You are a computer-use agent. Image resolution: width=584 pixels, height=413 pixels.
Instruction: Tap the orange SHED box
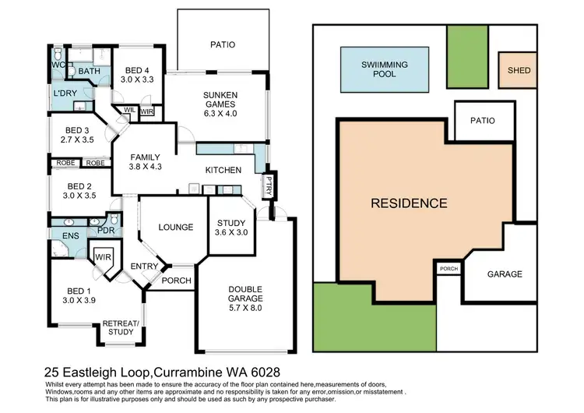[519, 71]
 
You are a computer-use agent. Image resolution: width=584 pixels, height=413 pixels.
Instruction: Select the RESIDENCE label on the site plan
[409, 203]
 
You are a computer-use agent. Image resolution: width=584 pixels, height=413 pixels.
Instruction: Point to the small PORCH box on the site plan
[449, 269]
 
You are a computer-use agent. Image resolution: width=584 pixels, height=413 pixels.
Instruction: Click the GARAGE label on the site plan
[504, 274]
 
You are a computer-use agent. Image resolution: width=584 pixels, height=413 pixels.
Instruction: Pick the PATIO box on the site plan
[484, 122]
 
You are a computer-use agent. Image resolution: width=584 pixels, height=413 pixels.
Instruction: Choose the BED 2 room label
[79, 192]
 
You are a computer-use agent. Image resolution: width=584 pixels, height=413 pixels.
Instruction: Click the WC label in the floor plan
[56, 65]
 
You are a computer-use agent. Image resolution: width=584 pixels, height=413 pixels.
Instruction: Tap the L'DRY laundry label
[65, 94]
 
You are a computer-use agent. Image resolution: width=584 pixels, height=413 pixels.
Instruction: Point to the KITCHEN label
[223, 170]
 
